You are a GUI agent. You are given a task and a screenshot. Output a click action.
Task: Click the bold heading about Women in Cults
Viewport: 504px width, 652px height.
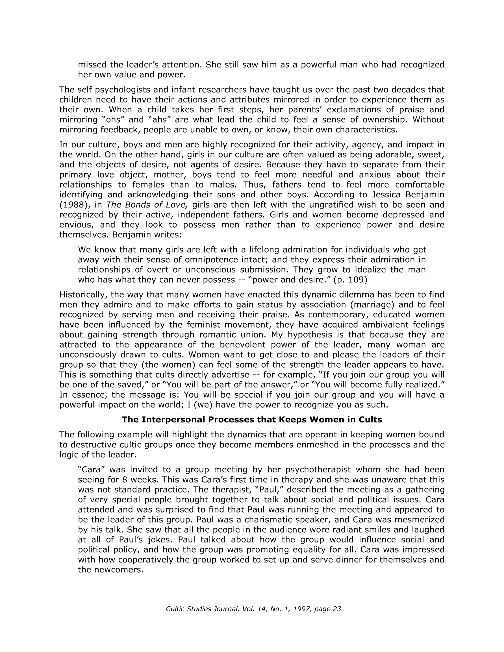click(251, 419)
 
